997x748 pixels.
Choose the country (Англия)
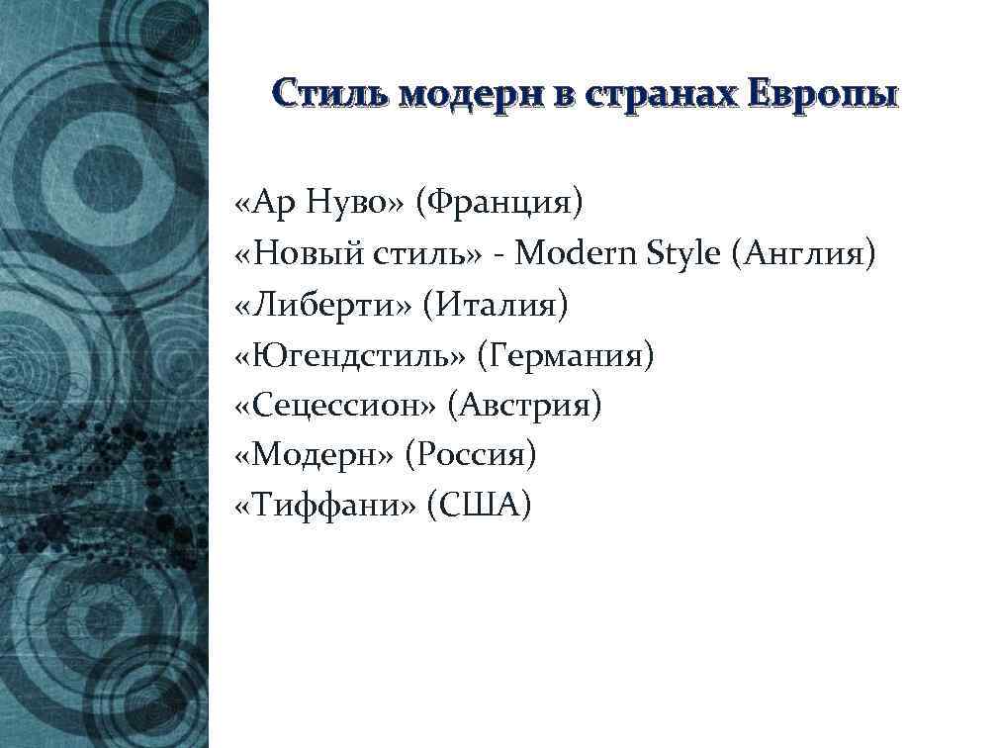pyautogui.click(x=803, y=253)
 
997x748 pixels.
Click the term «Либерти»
pyautogui.click(x=323, y=305)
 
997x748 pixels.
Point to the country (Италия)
pyautogui.click(x=496, y=305)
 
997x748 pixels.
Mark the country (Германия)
pyautogui.click(x=565, y=355)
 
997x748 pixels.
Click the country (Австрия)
pyautogui.click(x=524, y=406)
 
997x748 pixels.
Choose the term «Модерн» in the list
pyautogui.click(x=315, y=456)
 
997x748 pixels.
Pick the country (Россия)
pyautogui.click(x=477, y=456)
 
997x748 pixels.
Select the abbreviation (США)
pyautogui.click(x=480, y=507)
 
